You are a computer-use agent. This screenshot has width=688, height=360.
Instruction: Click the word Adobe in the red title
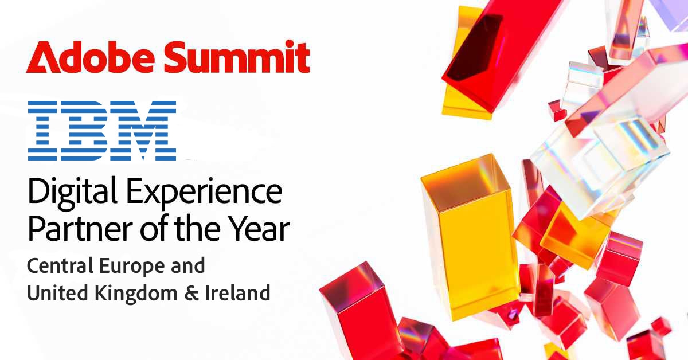90,57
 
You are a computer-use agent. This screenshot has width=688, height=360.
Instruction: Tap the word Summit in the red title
237,57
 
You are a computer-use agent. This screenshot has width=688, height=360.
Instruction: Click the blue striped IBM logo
102,130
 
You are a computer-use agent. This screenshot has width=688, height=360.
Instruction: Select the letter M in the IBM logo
143,130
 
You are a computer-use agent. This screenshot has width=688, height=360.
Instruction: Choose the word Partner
80,229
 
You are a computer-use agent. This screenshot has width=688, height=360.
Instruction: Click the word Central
60,265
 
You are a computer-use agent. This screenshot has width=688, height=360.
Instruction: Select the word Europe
132,267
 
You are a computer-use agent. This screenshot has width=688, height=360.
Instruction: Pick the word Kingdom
136,294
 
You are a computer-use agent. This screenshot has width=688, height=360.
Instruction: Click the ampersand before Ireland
191,294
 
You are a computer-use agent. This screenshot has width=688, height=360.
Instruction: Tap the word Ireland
238,293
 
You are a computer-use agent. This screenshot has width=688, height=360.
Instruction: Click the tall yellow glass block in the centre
470,237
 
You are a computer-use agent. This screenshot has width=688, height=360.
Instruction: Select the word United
58,293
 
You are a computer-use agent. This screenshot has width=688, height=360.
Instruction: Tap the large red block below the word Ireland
359,310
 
